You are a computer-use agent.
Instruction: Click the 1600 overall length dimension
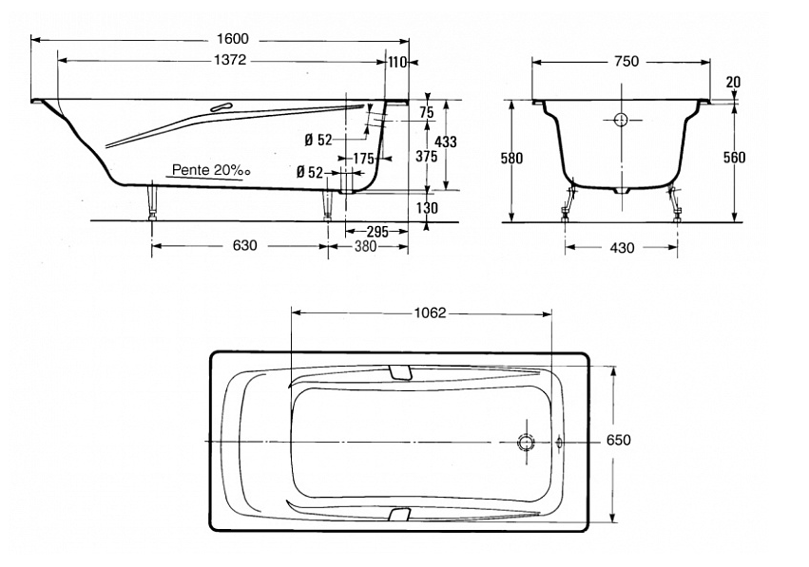pyautogui.click(x=233, y=39)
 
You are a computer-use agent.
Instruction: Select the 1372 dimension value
pyautogui.click(x=230, y=60)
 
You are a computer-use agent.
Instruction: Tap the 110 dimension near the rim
pyautogui.click(x=397, y=63)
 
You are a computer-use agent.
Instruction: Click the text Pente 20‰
pyautogui.click(x=211, y=170)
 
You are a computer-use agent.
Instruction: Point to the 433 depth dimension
pyautogui.click(x=446, y=142)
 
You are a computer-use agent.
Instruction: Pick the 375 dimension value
pyautogui.click(x=427, y=156)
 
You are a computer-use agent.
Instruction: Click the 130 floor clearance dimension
pyautogui.click(x=427, y=208)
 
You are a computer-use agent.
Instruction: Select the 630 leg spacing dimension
pyautogui.click(x=244, y=245)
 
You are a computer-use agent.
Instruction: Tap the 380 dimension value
pyautogui.click(x=365, y=246)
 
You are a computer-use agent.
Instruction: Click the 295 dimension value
pyautogui.click(x=377, y=232)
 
